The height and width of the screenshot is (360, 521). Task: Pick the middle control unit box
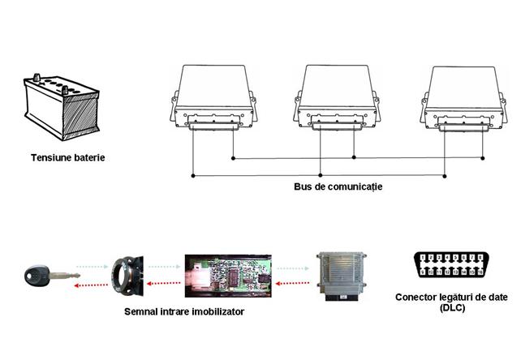(336, 96)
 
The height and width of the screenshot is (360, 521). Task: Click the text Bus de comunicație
(338, 186)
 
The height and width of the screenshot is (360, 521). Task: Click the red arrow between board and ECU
(291, 285)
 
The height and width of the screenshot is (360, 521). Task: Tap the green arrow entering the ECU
(290, 267)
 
